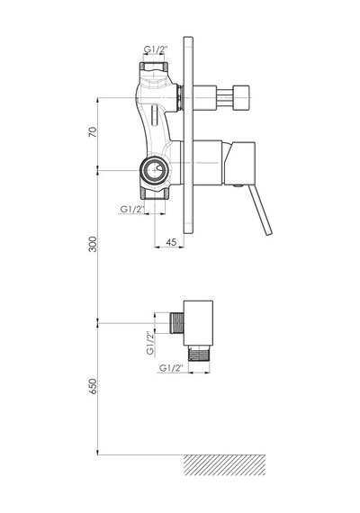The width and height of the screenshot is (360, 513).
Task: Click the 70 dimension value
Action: pyautogui.click(x=93, y=131)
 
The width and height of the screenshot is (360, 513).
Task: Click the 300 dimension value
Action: pyautogui.click(x=93, y=244)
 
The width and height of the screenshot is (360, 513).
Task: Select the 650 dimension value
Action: pyautogui.click(x=93, y=386)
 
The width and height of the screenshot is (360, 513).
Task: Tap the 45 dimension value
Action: pyautogui.click(x=171, y=242)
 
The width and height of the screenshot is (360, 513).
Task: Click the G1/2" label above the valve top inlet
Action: pyautogui.click(x=156, y=49)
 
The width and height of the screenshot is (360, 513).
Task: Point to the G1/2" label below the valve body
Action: pyautogui.click(x=132, y=209)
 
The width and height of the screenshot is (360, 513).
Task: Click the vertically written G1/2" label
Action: pyautogui.click(x=150, y=343)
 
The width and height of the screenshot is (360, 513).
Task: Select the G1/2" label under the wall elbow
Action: pyautogui.click(x=171, y=368)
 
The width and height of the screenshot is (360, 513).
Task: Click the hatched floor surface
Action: pyautogui.click(x=224, y=464)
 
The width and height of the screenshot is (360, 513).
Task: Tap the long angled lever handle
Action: pyautogui.click(x=260, y=210)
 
